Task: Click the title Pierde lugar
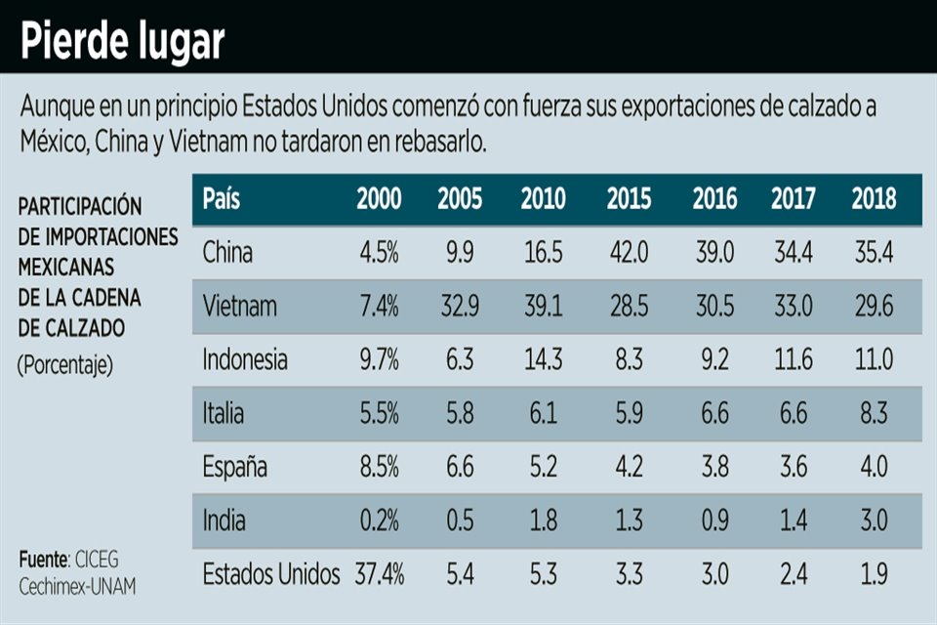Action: click(123, 41)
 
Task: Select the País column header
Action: click(222, 199)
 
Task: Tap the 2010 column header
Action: click(543, 199)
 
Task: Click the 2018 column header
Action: click(874, 199)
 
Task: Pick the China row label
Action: click(227, 253)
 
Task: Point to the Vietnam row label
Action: click(240, 307)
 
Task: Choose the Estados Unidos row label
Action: click(271, 574)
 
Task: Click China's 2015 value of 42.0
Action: click(630, 253)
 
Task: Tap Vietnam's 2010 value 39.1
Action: click(543, 307)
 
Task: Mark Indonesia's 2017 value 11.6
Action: click(794, 360)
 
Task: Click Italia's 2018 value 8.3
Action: click(874, 414)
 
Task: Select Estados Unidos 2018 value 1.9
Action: click(874, 574)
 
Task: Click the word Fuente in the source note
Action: click(43, 561)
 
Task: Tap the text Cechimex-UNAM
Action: click(78, 586)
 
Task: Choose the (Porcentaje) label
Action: click(65, 366)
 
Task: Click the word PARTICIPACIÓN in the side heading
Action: click(80, 206)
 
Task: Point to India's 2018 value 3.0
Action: click(874, 521)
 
